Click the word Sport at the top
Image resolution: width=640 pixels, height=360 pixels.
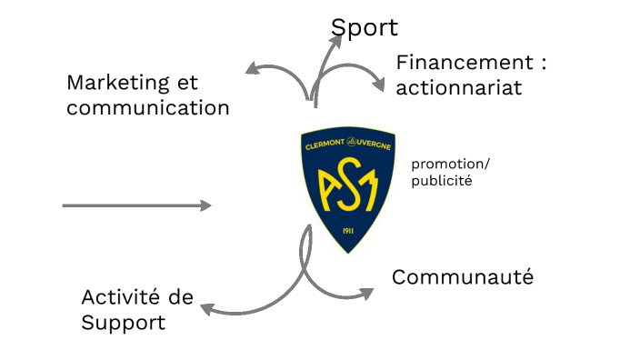click(364, 27)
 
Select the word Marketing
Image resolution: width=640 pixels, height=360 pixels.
click(119, 83)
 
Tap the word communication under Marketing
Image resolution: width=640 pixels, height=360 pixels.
click(147, 107)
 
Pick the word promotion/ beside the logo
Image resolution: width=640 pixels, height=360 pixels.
click(450, 164)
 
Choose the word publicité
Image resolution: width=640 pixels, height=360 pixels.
click(442, 180)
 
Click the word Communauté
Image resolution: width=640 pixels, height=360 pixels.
click(462, 277)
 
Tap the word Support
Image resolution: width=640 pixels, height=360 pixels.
click(123, 322)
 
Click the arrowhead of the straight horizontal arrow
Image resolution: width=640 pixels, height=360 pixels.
click(205, 205)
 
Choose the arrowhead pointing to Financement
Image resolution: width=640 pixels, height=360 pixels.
click(379, 85)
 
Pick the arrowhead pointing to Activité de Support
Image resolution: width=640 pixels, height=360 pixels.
click(206, 309)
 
